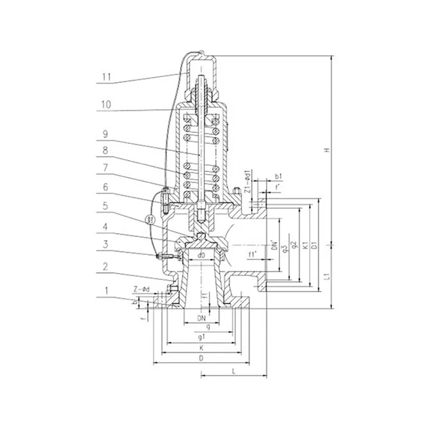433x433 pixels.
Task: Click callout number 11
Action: (x=106, y=77)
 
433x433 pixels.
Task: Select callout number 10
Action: (x=106, y=104)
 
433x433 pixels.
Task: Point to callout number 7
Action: (x=106, y=169)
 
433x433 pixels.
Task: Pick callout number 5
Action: (x=106, y=206)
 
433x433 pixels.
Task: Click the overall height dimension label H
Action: (x=327, y=151)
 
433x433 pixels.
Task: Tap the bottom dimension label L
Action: (x=233, y=372)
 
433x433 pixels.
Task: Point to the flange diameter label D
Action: (x=201, y=358)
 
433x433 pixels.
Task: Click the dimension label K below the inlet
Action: (x=201, y=347)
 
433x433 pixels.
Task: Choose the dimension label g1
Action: (x=201, y=337)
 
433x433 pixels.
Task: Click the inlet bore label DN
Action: (x=201, y=317)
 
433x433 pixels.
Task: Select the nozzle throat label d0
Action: (x=200, y=254)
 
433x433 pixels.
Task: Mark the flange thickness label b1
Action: (x=277, y=177)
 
